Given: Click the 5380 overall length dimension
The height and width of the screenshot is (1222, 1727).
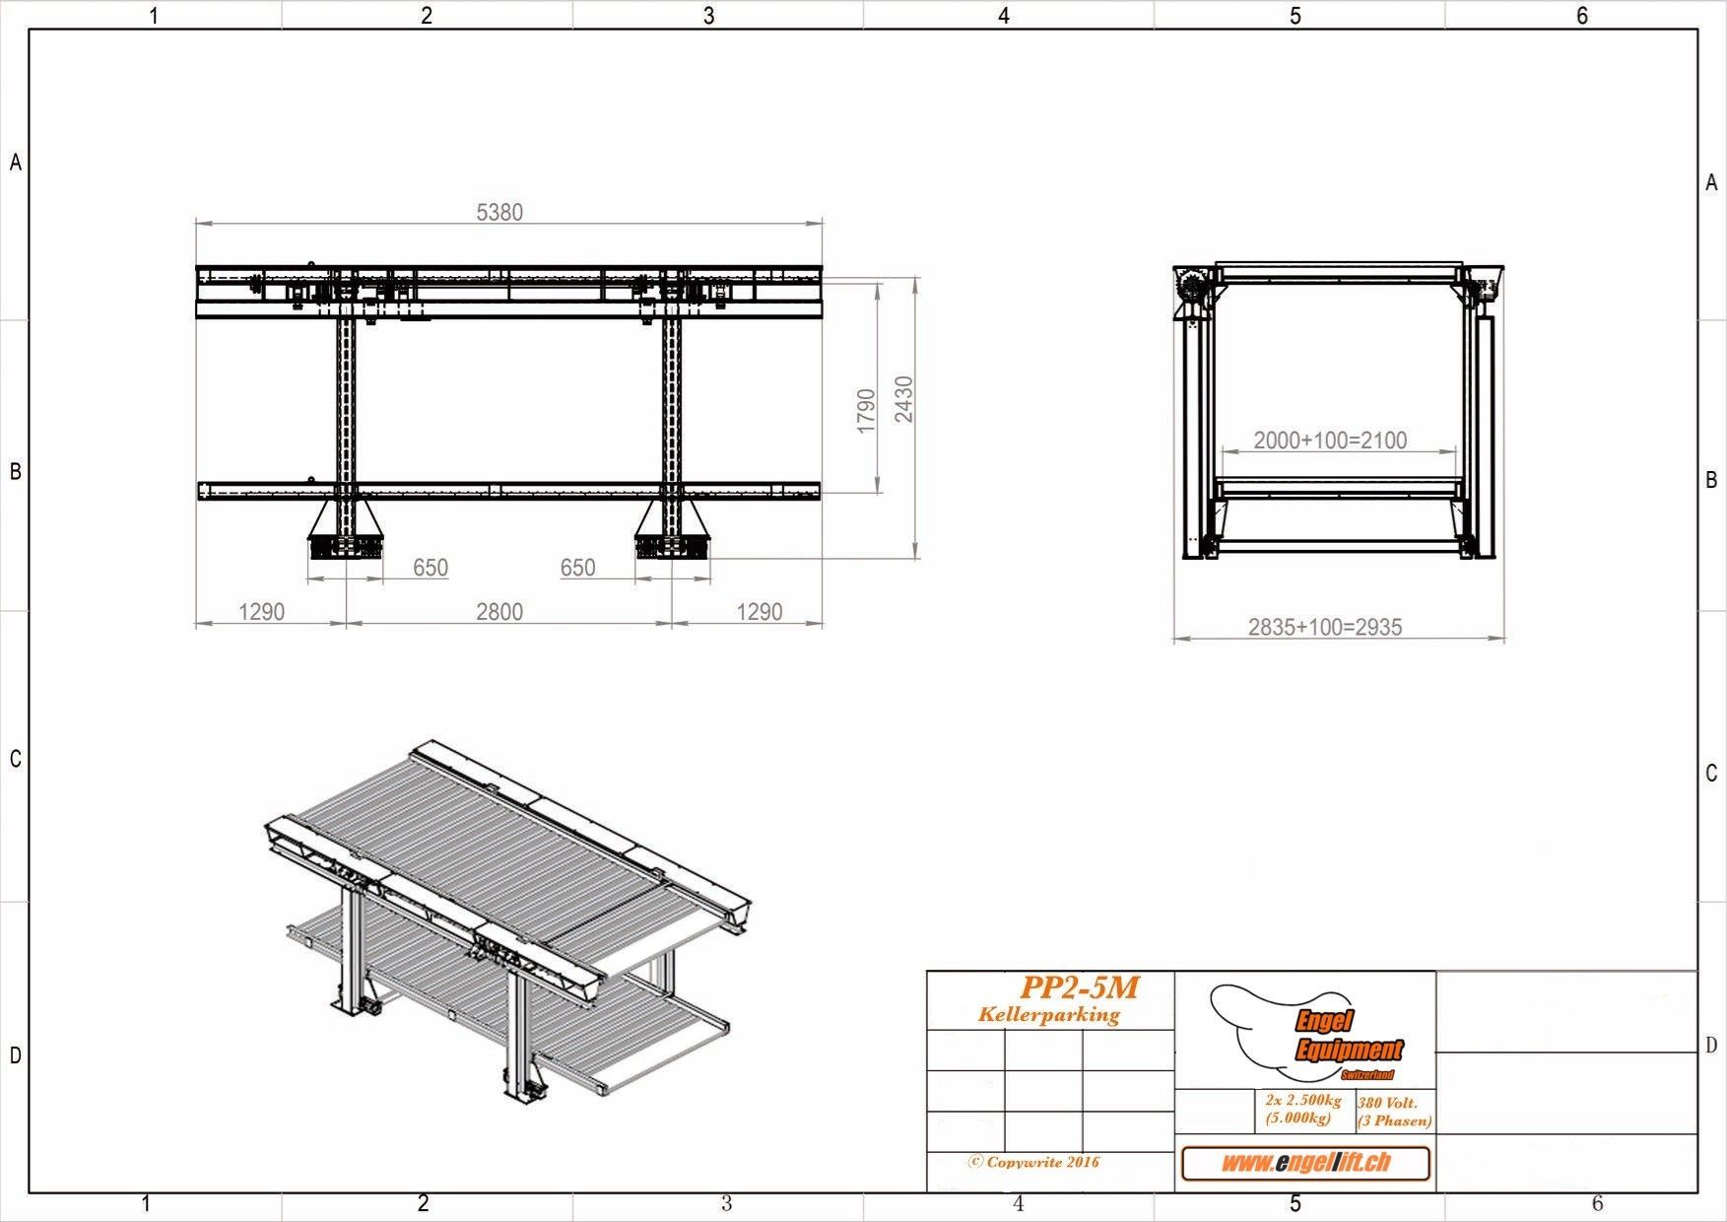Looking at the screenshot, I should point(499,212).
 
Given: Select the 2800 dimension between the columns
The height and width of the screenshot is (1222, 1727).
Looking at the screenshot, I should point(499,612).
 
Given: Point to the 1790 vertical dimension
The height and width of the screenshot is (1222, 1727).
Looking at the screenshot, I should point(866,410).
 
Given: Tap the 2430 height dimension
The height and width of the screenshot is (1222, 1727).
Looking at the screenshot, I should point(903,399).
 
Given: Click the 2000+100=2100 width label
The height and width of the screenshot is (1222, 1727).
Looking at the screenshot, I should point(1330,441).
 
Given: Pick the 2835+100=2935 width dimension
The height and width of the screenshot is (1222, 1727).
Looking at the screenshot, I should point(1325,627).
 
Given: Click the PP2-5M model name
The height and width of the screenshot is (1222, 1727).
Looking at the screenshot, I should point(1080,986).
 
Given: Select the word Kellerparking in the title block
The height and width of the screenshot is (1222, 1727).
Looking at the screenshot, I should point(1049,1014).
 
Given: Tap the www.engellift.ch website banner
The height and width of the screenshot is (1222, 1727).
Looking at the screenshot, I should point(1305,1163).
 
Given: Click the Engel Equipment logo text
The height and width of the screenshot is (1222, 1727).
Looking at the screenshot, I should point(1347,1038).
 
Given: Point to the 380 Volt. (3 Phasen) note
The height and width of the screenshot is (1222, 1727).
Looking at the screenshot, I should point(1394,1112).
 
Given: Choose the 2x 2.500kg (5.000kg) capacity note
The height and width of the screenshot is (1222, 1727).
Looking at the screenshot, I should point(1302,1109).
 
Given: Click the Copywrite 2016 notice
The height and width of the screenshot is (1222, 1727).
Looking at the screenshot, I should point(1034,1162).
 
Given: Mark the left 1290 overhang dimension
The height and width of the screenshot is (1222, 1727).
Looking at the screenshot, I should point(262,612).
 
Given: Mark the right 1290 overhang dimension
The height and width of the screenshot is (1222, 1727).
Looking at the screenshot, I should point(760,612).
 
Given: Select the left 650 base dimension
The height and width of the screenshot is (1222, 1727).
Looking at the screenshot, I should point(431,568).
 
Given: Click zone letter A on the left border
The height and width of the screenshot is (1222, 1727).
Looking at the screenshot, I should point(16,164).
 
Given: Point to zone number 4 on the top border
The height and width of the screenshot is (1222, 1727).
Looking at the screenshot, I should point(1004,16).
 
